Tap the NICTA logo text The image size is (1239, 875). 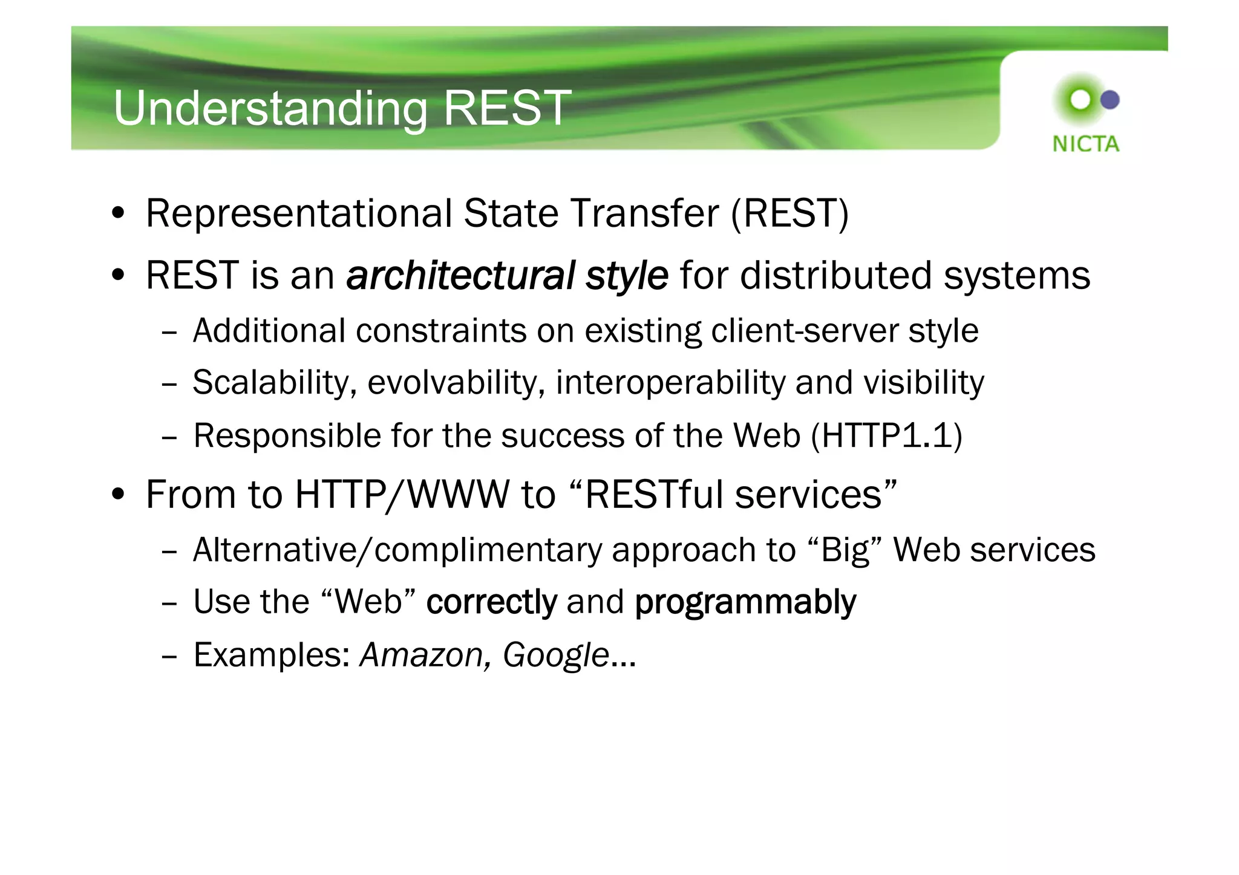[1085, 144]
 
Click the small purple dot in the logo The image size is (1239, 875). [1110, 100]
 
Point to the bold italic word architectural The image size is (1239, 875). [460, 276]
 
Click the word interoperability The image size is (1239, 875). [670, 383]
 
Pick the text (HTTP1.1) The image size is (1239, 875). [886, 435]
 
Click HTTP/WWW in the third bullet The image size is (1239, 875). [402, 495]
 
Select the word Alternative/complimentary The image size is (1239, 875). [396, 550]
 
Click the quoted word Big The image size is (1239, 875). [845, 550]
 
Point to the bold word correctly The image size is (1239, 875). [491, 602]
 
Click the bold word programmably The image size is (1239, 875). [745, 602]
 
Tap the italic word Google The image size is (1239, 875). [555, 655]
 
